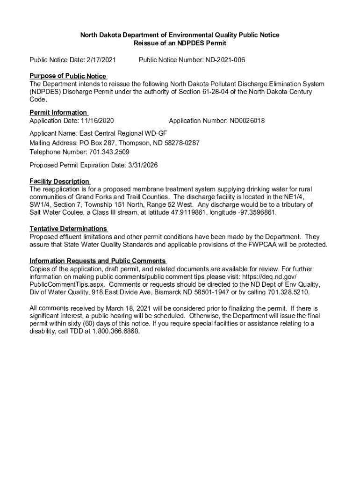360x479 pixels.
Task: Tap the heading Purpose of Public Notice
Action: (x=68, y=76)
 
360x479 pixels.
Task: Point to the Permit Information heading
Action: (x=58, y=112)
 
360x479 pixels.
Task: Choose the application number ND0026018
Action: (x=247, y=121)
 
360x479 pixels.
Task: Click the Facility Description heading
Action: (x=59, y=181)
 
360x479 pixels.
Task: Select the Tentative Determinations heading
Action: (x=68, y=229)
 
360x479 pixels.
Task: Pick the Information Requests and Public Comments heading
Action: (x=97, y=261)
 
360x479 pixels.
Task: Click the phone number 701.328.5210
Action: (x=288, y=292)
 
